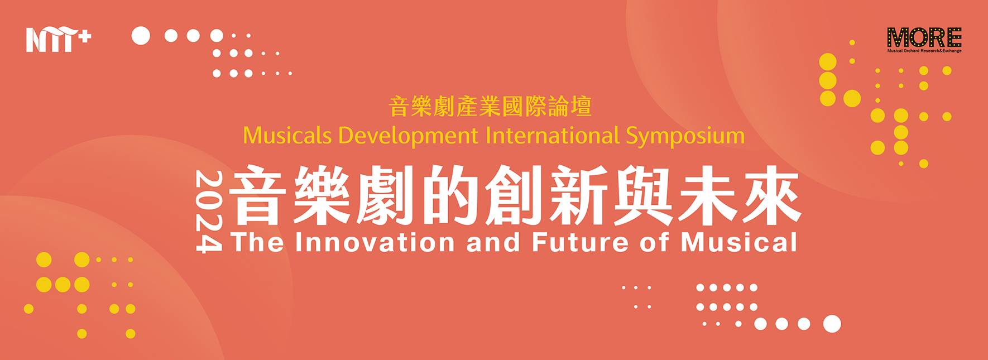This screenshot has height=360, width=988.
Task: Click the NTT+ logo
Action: (58, 39)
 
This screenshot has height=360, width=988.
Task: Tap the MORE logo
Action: (924, 37)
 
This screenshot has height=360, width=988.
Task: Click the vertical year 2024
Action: (209, 212)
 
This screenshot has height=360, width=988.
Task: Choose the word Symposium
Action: (685, 136)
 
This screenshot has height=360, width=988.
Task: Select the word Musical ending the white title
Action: (738, 242)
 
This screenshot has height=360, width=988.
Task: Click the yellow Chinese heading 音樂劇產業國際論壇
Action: (490, 107)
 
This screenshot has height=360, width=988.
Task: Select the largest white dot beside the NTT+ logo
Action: (141, 36)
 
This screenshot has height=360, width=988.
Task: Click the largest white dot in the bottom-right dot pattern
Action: (832, 323)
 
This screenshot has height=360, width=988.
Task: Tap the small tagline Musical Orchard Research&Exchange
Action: (924, 51)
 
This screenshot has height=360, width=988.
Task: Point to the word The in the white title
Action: (256, 242)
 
